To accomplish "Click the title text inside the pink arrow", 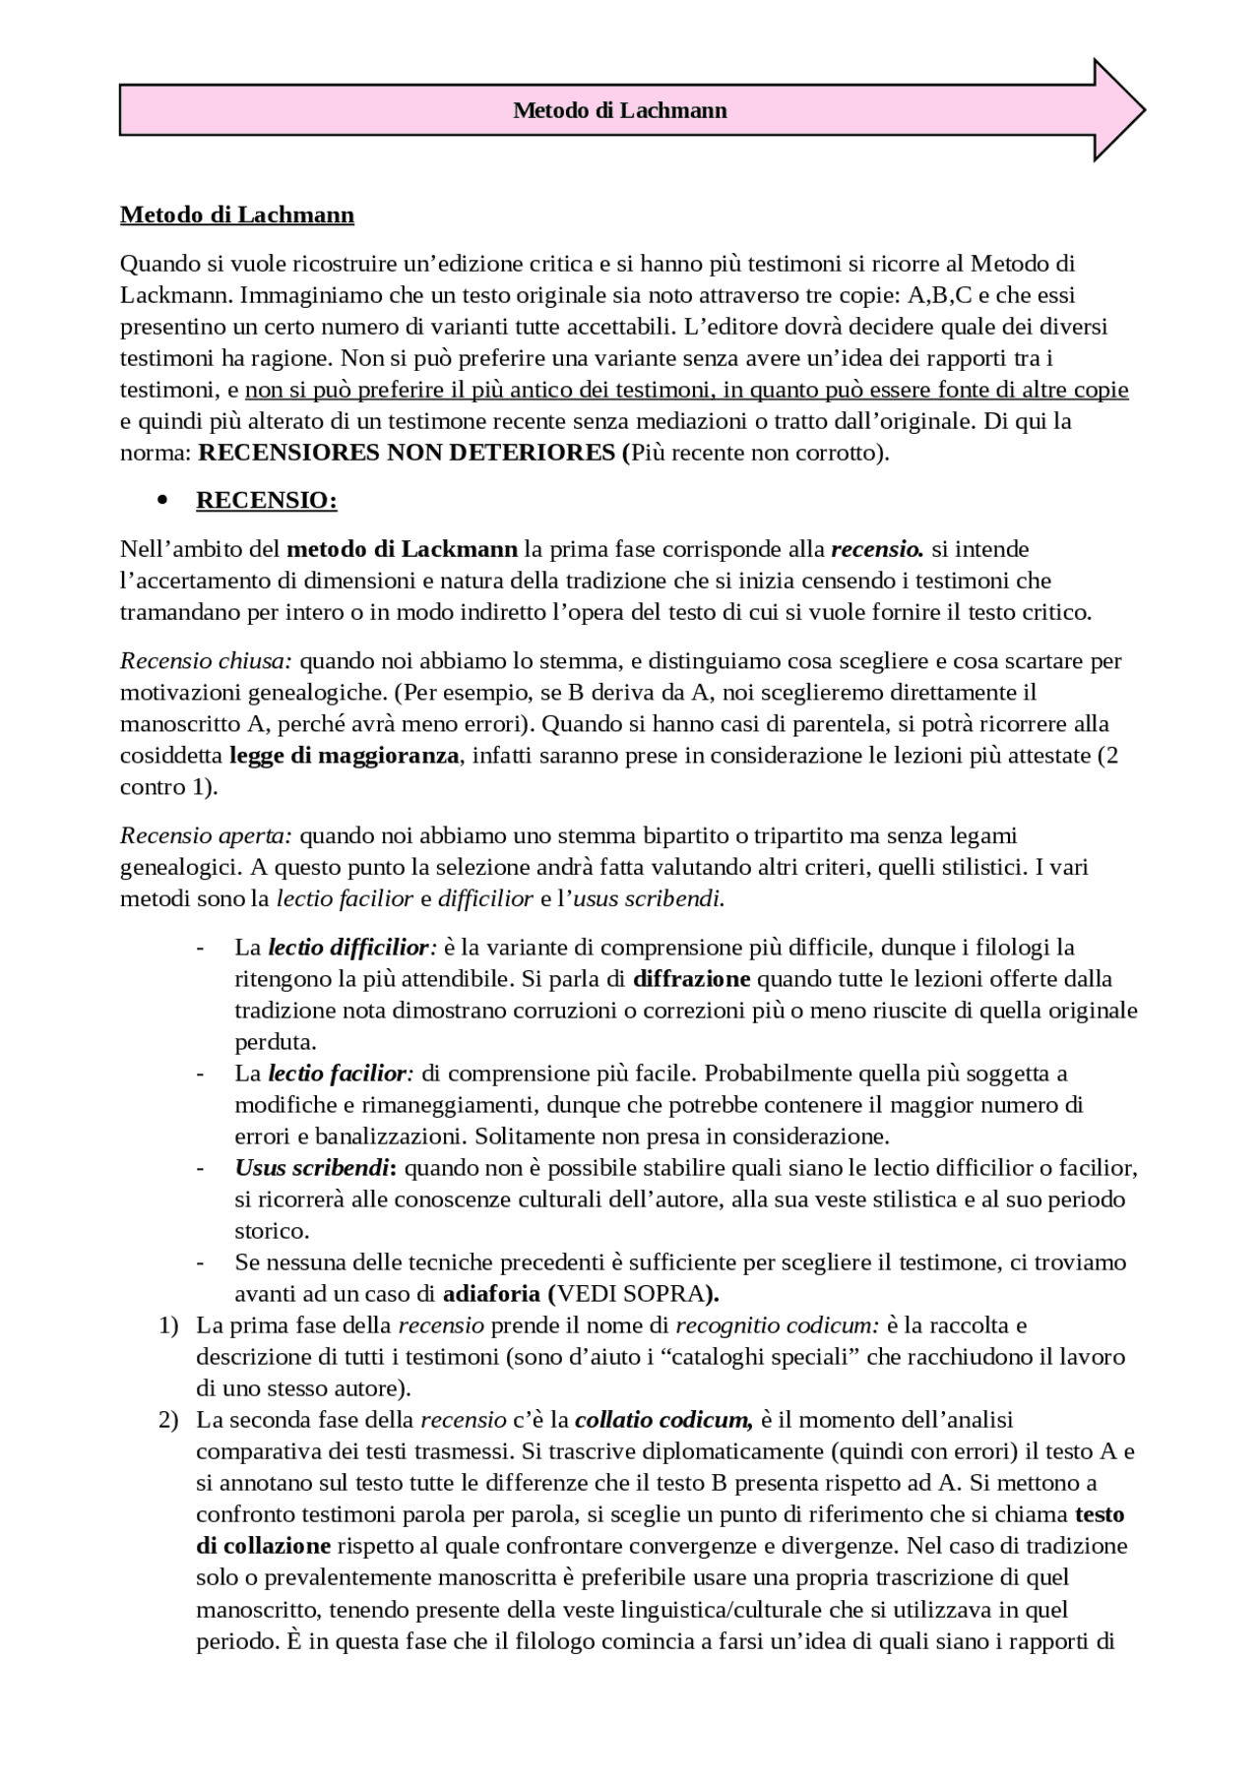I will click(620, 110).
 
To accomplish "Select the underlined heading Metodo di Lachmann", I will click(237, 215).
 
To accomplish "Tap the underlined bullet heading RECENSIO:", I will click(267, 500).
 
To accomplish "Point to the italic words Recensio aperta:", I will click(207, 835).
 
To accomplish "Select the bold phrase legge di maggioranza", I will click(344, 756).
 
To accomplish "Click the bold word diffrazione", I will click(691, 979).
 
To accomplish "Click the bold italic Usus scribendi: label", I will click(316, 1168).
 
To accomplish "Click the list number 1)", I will click(168, 1325).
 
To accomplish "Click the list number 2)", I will click(168, 1420).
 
